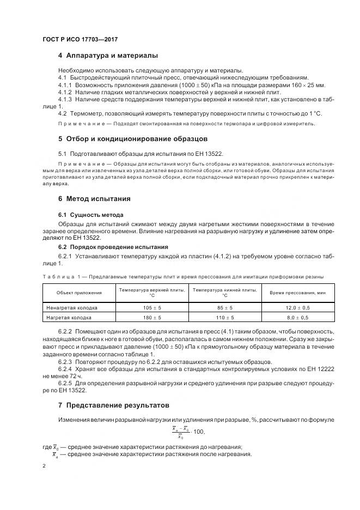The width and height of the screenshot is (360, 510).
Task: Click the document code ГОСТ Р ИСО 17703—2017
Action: (80, 40)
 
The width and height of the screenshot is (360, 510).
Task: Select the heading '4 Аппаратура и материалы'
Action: (108, 56)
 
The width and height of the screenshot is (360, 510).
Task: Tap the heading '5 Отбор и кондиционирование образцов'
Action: (133, 139)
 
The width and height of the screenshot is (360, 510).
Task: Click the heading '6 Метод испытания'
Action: (94, 199)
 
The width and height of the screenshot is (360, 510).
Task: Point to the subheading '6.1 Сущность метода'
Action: (90, 215)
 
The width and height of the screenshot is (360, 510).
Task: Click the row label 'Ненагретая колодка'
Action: (72, 308)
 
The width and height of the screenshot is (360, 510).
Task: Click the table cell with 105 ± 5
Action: (152, 308)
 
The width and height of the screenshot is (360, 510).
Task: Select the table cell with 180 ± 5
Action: (152, 317)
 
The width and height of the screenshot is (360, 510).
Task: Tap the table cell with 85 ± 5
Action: (225, 308)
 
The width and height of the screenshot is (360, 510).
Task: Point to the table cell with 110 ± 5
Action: (225, 317)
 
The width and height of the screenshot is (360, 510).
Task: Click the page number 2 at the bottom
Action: (44, 466)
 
